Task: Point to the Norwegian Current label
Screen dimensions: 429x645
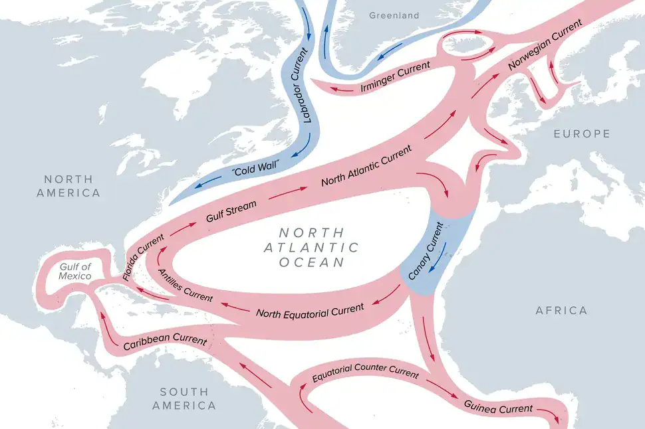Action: [545, 46]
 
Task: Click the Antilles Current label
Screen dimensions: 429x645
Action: [186, 286]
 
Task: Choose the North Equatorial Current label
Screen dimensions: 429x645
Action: [310, 311]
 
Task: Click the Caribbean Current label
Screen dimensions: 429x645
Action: [165, 341]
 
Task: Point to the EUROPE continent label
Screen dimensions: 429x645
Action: [581, 134]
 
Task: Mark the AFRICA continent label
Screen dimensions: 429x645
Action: [561, 310]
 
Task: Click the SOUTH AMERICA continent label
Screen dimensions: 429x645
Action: [184, 398]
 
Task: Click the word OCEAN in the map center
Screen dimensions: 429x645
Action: [312, 262]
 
